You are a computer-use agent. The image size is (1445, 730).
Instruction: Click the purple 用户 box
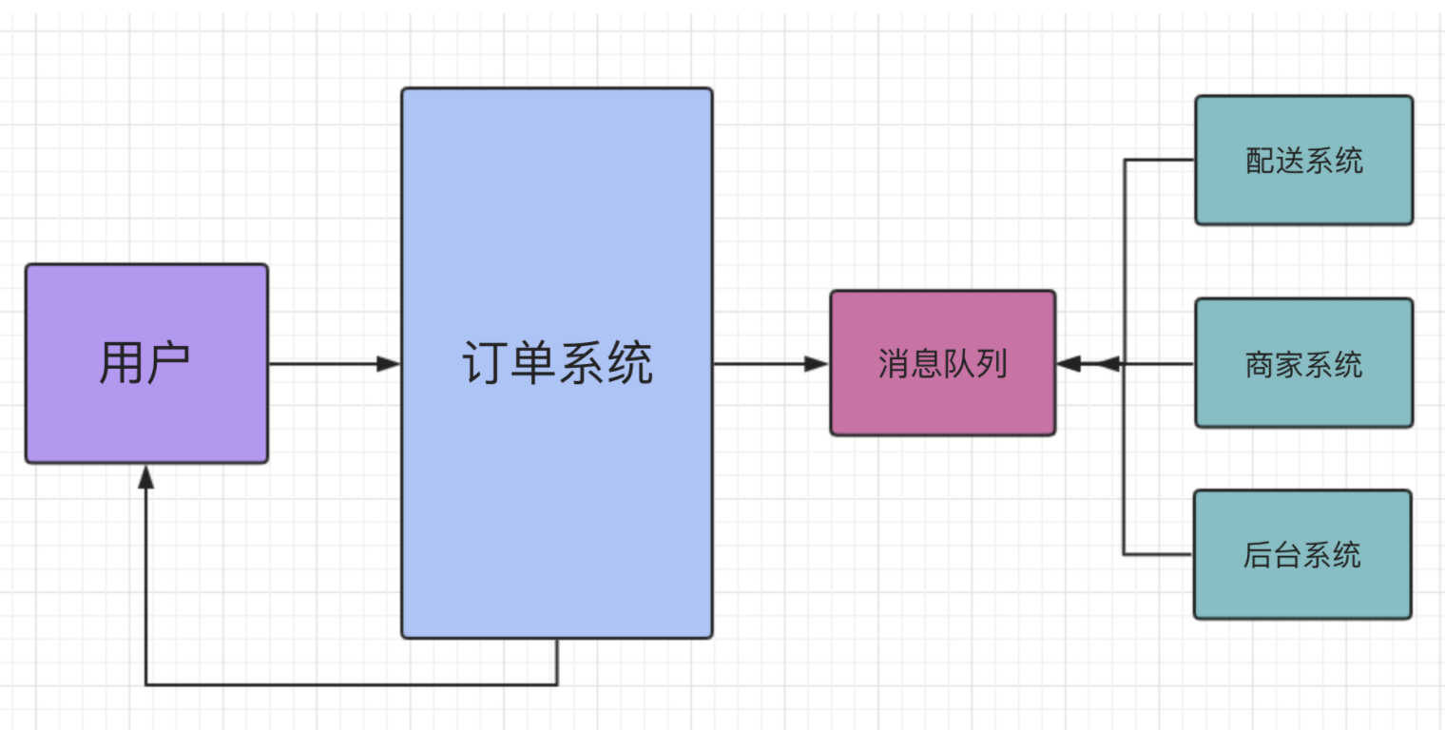coord(146,409)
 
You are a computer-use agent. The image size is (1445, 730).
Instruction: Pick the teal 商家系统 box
coord(1303,399)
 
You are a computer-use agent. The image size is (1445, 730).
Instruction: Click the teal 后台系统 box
coord(1302,589)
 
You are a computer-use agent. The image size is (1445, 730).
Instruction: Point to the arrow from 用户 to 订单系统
coord(323,363)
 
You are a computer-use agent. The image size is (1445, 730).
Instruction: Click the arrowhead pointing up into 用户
coord(145,477)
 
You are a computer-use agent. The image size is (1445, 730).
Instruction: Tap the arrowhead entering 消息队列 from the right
coord(1069,363)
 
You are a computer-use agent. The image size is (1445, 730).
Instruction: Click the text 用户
coord(145,363)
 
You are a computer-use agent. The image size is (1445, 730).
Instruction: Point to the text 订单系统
coord(557,363)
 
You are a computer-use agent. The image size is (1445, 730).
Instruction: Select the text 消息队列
coord(942,363)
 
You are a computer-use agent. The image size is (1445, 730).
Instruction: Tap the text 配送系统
coord(1303,160)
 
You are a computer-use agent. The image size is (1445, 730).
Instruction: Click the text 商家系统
coord(1303,363)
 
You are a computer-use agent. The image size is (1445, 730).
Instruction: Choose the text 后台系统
coord(1302,554)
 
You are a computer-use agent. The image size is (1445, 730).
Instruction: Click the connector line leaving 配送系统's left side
coord(1160,160)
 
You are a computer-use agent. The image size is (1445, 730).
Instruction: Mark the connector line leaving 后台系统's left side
coord(1158,554)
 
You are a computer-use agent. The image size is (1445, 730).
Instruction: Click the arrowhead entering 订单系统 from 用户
coord(388,363)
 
